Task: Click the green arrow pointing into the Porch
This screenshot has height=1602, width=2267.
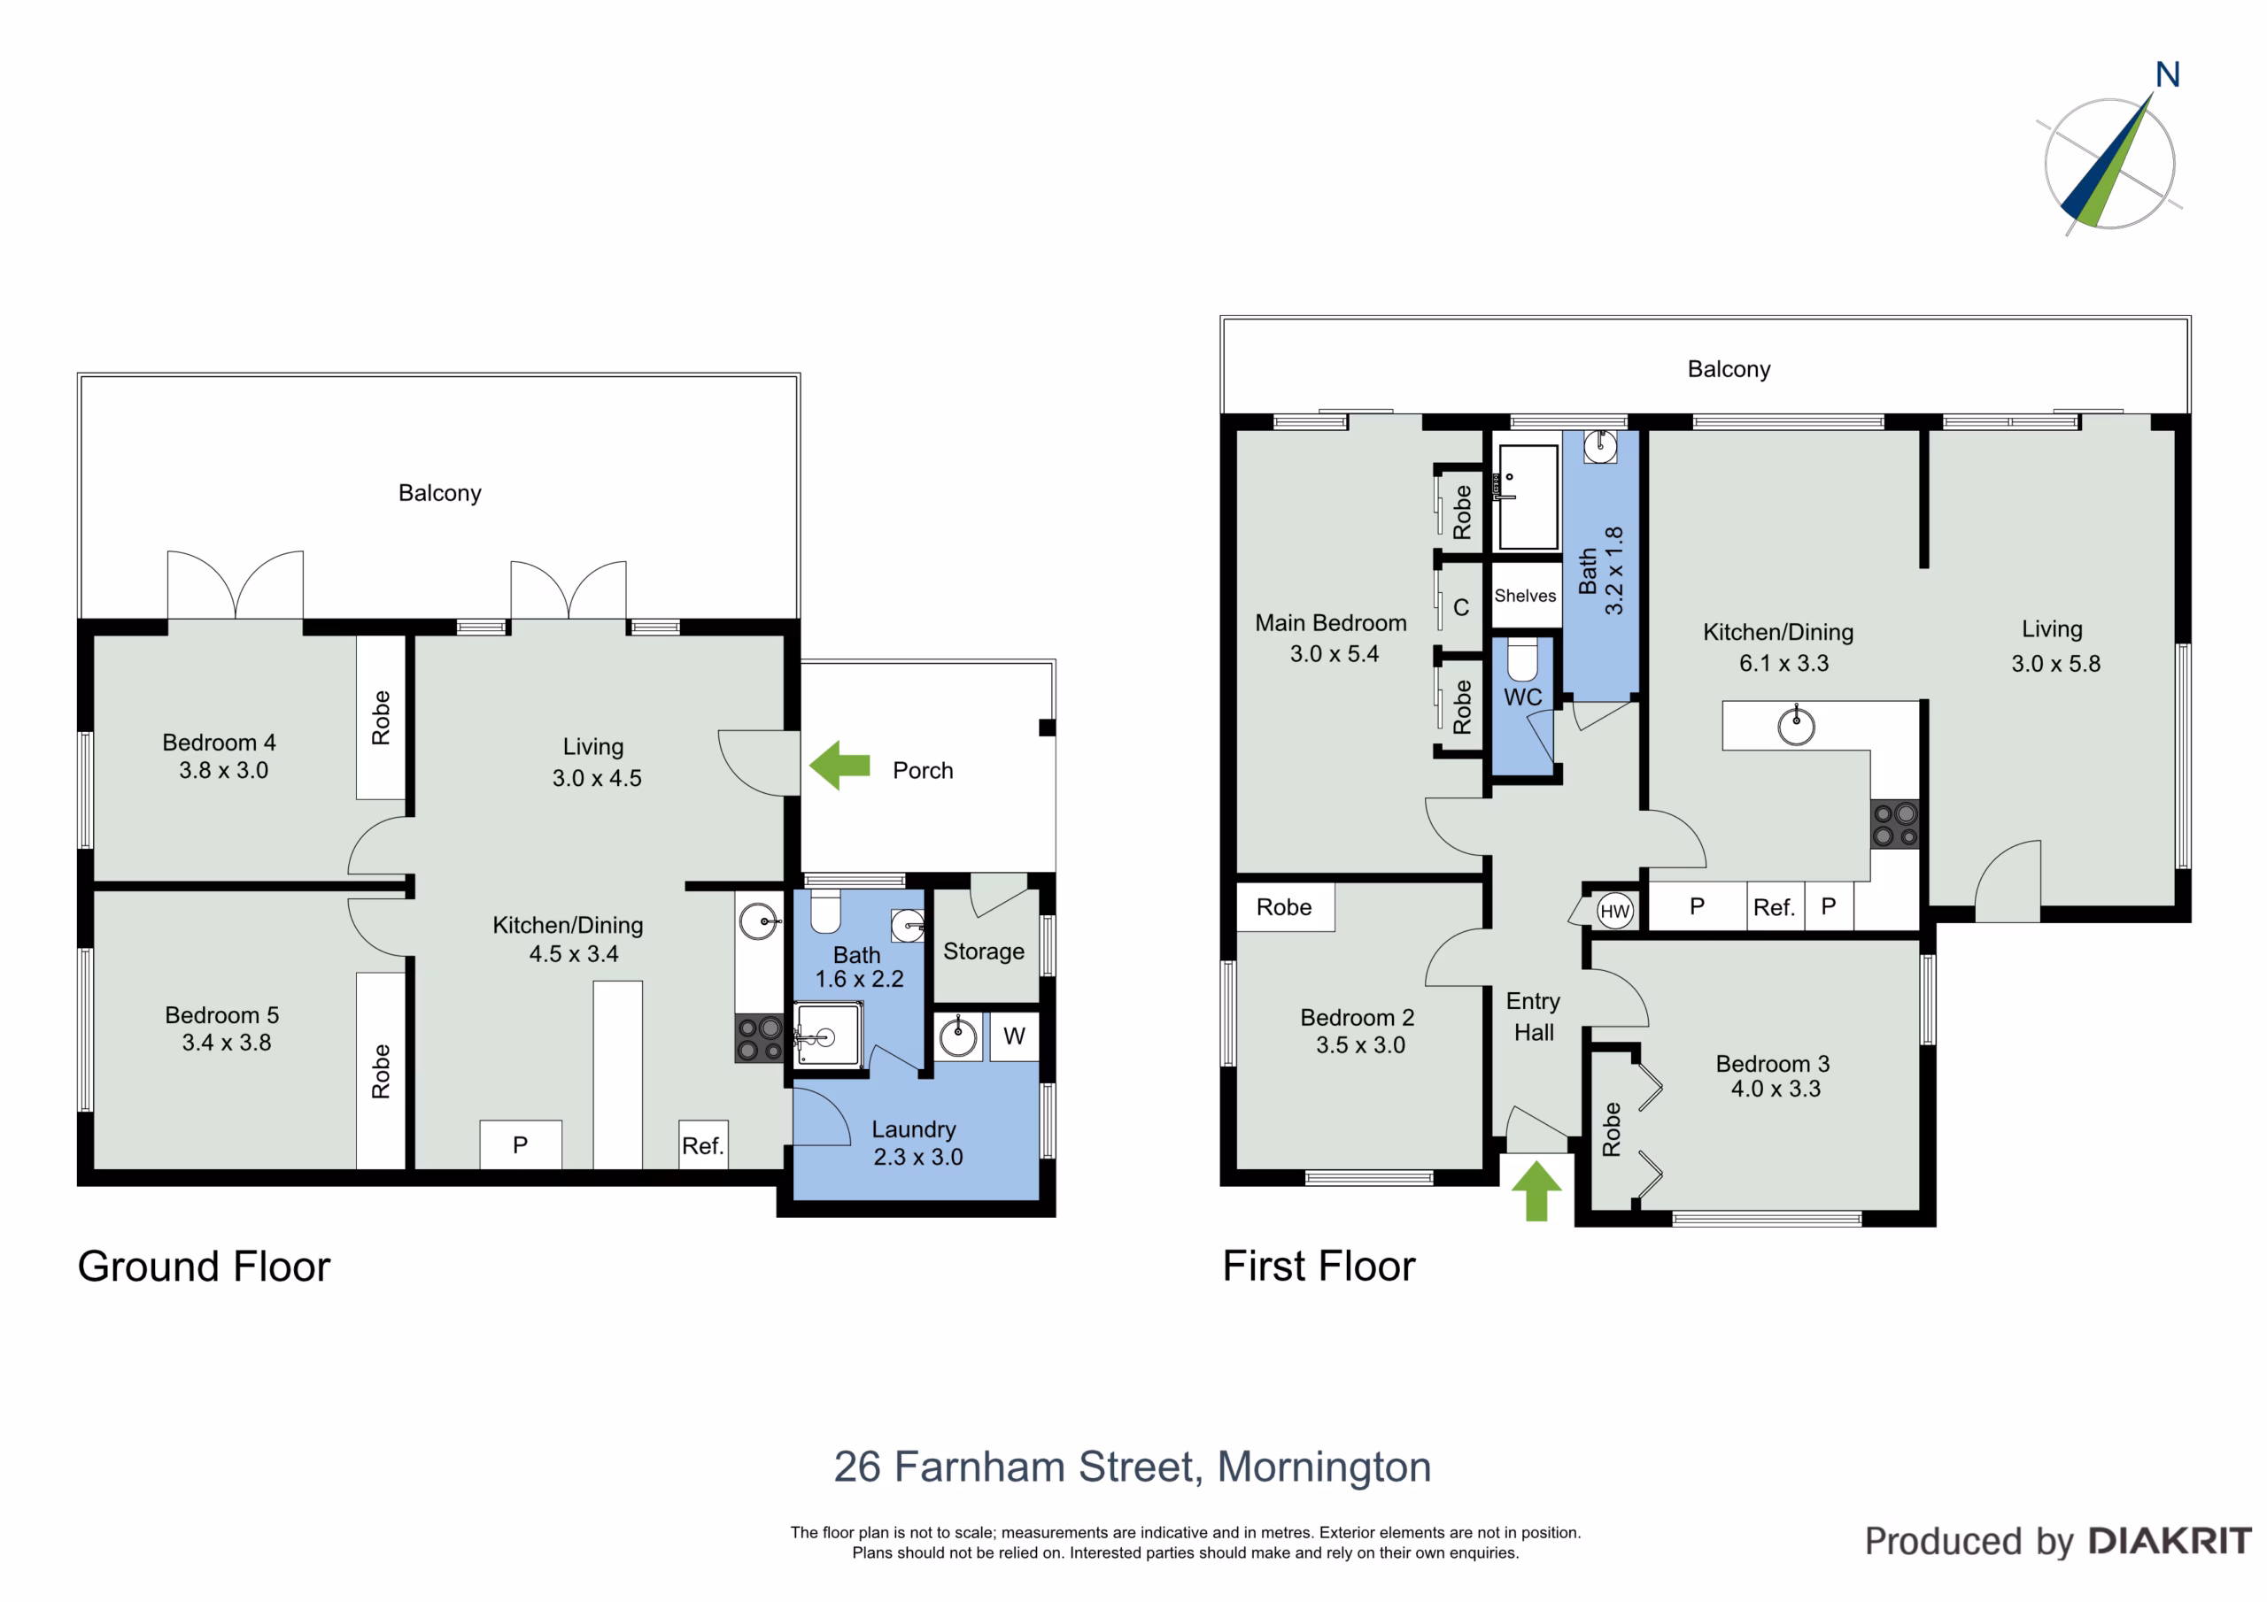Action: click(839, 765)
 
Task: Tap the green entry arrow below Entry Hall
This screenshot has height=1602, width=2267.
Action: click(1536, 1190)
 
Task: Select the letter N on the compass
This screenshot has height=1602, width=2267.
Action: click(2167, 75)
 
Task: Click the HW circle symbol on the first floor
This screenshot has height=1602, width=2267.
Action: click(1614, 911)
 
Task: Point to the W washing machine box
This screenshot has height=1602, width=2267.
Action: click(1014, 1036)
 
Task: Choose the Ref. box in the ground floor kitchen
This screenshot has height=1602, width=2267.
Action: click(703, 1145)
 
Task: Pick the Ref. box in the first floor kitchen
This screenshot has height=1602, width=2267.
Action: click(1775, 907)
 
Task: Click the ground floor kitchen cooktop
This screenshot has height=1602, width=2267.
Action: click(759, 1038)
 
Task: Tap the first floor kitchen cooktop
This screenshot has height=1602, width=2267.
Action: click(1895, 824)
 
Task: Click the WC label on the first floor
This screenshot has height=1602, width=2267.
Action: click(1522, 697)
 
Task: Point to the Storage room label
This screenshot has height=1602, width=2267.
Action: click(984, 951)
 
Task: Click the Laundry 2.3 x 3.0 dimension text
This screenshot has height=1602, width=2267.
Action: click(918, 1157)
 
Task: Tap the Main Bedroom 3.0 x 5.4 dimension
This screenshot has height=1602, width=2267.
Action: click(1334, 653)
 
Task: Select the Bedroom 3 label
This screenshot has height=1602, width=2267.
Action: click(1772, 1064)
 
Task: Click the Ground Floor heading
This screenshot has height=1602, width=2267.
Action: click(205, 1267)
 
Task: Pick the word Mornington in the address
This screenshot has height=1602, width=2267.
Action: click(1324, 1467)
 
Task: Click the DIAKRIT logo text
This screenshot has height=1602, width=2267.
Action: click(2170, 1541)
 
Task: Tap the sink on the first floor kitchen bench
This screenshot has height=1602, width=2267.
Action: click(1796, 726)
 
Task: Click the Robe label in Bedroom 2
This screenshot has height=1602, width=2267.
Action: click(1283, 907)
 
